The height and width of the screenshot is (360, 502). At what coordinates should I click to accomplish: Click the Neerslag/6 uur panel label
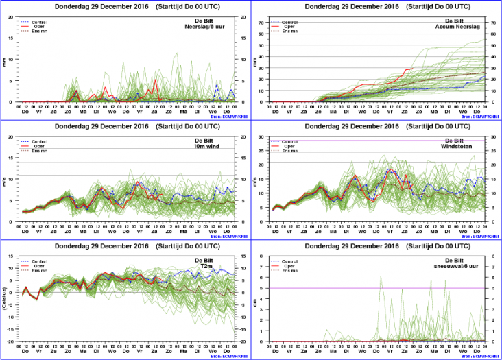point(216,26)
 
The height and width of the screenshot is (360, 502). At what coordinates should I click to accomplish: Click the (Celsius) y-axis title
point(5,299)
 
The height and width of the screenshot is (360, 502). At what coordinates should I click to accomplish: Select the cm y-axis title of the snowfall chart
point(256,299)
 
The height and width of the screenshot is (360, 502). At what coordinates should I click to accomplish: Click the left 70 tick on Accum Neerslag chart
point(259,23)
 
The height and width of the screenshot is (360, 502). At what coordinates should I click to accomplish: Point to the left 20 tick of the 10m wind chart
point(10,137)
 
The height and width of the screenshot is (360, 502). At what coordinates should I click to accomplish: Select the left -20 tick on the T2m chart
point(9,341)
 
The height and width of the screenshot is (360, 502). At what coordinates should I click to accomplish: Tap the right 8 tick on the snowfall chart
point(494,257)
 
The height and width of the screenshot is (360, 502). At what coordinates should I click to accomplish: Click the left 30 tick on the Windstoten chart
point(259,137)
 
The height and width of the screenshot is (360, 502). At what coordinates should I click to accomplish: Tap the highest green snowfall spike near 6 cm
point(381,277)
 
